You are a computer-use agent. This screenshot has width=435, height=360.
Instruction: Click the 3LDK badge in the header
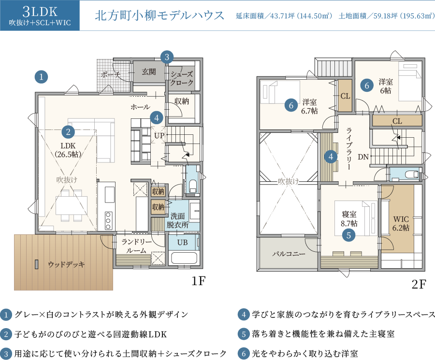tap(40, 15)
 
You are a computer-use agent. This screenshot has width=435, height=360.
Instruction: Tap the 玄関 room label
tap(149, 72)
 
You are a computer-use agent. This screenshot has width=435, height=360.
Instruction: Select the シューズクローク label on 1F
tap(182, 78)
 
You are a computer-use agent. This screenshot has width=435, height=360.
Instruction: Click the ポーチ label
tap(110, 74)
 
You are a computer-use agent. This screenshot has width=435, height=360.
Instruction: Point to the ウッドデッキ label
tap(66, 264)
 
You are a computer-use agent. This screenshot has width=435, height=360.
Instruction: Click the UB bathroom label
tap(183, 243)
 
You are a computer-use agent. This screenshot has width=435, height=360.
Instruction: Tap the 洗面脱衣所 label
tap(177, 220)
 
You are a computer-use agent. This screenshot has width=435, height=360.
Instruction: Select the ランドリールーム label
tap(136, 246)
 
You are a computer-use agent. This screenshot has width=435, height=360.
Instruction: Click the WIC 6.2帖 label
tap(401, 223)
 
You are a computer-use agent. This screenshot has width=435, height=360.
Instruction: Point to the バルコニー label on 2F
tap(289, 254)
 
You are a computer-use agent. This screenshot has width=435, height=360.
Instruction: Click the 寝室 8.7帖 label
tap(349, 218)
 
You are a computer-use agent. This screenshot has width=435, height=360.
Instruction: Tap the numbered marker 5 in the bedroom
tap(348, 235)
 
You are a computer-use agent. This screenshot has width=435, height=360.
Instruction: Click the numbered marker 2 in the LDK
tap(68, 132)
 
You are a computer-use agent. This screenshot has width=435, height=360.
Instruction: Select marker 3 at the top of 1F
tap(167, 57)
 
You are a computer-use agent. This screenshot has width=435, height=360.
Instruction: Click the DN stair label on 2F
tap(363, 157)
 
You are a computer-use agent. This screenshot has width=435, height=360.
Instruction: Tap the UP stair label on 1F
tap(159, 135)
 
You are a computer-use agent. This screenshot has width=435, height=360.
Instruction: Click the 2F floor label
tap(419, 284)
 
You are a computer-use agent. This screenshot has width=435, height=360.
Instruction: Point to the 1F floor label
tap(199, 281)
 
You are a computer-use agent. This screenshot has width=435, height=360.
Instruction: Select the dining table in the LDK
tap(72, 205)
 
